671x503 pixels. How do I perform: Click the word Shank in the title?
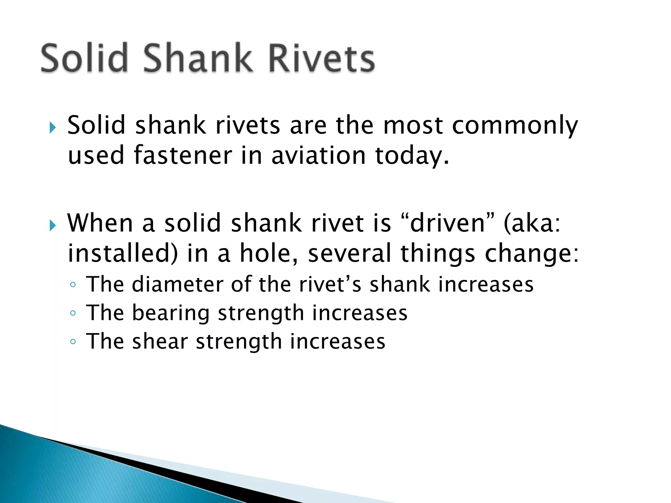click(197, 58)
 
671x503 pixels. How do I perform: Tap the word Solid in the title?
click(84, 58)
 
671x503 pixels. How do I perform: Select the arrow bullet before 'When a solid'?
click(53, 225)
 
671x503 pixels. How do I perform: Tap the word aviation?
click(318, 156)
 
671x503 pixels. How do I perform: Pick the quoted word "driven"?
click(448, 223)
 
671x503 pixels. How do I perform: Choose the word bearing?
click(171, 313)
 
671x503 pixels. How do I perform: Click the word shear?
click(160, 342)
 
